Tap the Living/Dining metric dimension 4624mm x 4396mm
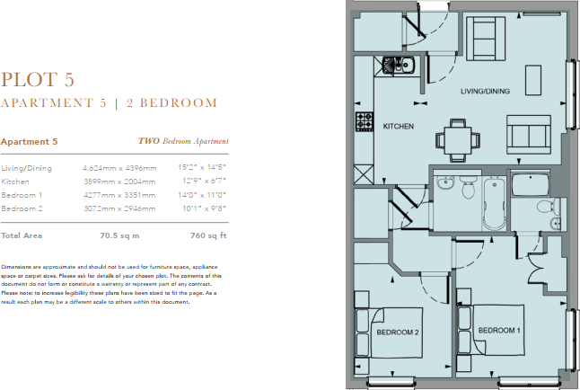click(119, 168)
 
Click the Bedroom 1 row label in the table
click(22, 195)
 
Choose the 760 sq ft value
click(210, 235)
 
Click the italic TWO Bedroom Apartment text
click(183, 142)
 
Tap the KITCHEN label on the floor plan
click(398, 127)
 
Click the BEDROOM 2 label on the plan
click(398, 332)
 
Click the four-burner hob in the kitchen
click(364, 121)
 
